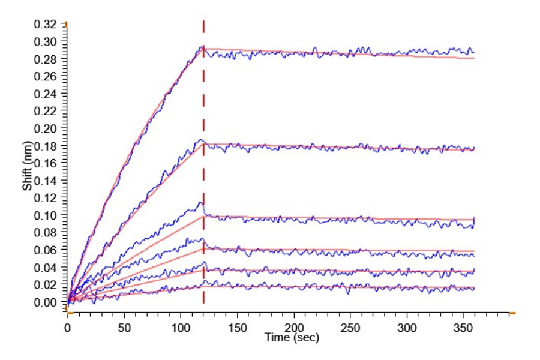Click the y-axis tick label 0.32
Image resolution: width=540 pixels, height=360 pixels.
(47, 25)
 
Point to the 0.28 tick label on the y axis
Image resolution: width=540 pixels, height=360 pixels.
(47, 59)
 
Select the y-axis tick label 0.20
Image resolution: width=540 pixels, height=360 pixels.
(47, 129)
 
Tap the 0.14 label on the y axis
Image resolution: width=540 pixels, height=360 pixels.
(47, 181)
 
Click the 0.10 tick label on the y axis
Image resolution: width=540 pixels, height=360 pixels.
(47, 215)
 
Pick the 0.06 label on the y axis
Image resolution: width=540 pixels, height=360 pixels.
(47, 250)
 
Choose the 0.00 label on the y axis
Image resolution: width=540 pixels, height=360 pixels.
(47, 302)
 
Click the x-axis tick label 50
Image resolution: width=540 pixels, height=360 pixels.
(124, 329)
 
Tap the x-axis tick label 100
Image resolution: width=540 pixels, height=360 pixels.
(181, 329)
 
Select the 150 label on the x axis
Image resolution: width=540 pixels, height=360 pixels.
(238, 329)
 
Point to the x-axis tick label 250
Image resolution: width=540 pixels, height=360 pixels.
(350, 329)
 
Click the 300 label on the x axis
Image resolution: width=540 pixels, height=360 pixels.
(407, 329)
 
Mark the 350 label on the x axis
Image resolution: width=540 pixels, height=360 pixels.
(463, 329)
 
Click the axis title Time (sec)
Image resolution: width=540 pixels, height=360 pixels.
(292, 338)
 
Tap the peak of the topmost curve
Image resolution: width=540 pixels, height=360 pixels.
(203, 46)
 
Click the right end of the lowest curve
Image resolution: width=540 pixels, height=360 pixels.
(474, 289)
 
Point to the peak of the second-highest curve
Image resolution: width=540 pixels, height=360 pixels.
(202, 140)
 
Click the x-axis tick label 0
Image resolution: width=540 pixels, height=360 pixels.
(68, 329)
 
